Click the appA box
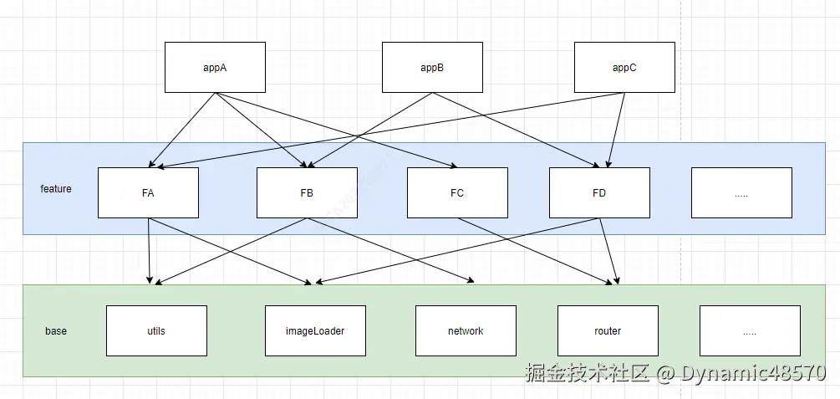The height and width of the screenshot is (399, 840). coord(215,68)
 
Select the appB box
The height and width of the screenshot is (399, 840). coord(431,68)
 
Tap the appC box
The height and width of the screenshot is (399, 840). coord(624,68)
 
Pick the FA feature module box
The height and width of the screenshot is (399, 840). coord(148,192)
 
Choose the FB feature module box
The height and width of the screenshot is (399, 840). coord(307,192)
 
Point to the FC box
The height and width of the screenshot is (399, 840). coord(456,192)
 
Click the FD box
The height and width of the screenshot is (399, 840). coord(599,192)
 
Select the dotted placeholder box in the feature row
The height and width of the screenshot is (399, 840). coord(741,192)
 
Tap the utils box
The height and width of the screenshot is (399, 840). coord(156,330)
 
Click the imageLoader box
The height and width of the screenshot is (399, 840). coord(315,330)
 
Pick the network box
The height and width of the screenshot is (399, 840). coord(466,330)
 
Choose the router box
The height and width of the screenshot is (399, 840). coord(608,330)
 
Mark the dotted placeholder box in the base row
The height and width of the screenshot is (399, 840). coord(750,330)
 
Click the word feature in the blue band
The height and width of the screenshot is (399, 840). coord(56,189)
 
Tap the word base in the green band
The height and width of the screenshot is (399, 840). coord(56,331)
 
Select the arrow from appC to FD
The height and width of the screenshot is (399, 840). coord(616,130)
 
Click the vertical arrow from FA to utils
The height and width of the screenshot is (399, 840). coord(149,251)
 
